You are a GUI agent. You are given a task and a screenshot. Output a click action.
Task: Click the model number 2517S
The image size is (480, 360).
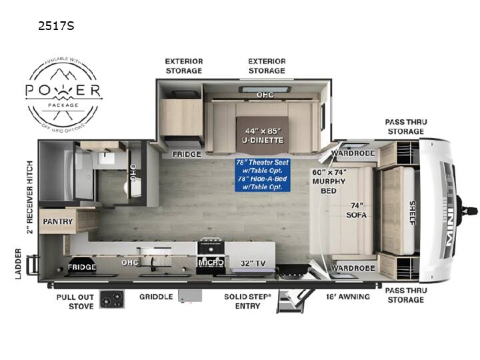pos(56,26)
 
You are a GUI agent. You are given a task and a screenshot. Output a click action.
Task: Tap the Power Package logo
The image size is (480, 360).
pos(63,95)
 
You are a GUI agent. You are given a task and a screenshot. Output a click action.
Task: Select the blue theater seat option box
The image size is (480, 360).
pos(263,175)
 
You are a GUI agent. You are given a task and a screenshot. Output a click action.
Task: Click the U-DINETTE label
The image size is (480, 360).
pos(263,140)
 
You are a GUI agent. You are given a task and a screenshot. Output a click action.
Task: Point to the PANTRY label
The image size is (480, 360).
pos(57,221)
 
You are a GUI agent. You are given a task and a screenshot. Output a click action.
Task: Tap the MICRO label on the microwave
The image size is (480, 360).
pos(211,263)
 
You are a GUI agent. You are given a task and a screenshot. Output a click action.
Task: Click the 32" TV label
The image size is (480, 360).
pos(253,263)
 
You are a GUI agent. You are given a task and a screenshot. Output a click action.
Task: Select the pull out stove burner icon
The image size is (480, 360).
pos(112,299)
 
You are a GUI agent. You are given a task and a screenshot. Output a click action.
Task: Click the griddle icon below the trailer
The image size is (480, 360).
pos(190,296)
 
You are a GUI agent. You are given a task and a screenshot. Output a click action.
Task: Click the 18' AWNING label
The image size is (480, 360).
pos(348,297)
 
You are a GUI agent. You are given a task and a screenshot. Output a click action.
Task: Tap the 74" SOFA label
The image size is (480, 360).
pos(356,210)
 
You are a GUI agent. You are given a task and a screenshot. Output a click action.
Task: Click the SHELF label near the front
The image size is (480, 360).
pos(413,213)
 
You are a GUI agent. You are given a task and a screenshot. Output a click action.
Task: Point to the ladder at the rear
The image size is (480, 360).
pos(33,265)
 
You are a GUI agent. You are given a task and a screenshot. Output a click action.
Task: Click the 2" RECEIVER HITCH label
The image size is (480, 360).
pos(29,197)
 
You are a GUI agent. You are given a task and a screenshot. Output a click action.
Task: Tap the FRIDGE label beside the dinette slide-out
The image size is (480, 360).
pos(187,154)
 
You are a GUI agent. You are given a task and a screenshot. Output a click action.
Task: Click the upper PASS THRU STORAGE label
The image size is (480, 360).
pos(406,127)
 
